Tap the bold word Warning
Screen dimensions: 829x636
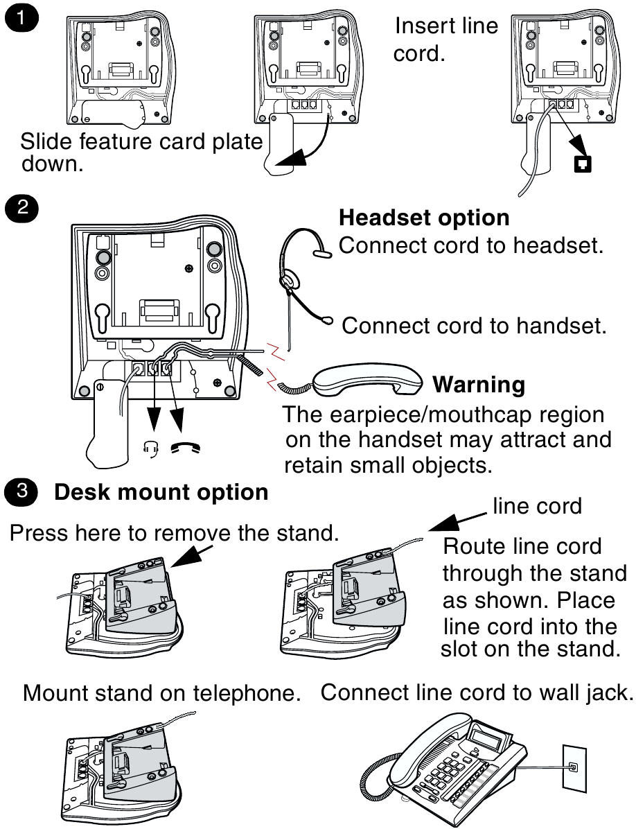tap(478, 384)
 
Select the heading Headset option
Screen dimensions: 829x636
tap(424, 218)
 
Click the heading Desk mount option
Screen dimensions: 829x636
tap(161, 492)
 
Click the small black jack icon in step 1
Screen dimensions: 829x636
tap(583, 164)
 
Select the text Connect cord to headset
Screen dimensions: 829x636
tap(470, 245)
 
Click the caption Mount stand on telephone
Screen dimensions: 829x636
tap(161, 692)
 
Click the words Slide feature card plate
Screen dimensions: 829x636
tap(141, 141)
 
